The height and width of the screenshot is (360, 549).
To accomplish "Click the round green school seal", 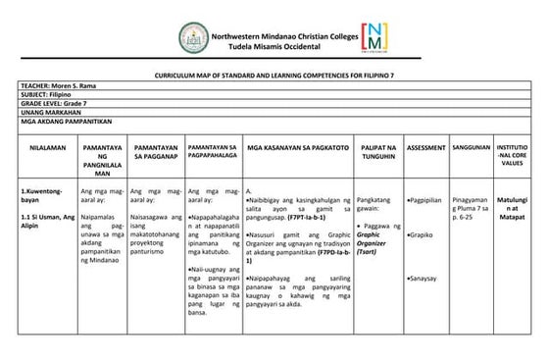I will point(193,38).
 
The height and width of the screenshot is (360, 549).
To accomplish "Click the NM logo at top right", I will point(374,37).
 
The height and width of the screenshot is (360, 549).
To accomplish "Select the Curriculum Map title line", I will point(274,76).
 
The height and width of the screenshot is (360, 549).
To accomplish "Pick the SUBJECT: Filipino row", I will point(44,95).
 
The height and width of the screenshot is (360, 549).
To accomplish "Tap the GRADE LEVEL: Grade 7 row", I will point(49,104).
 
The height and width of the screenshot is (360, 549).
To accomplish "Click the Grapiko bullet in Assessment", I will point(422,235).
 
